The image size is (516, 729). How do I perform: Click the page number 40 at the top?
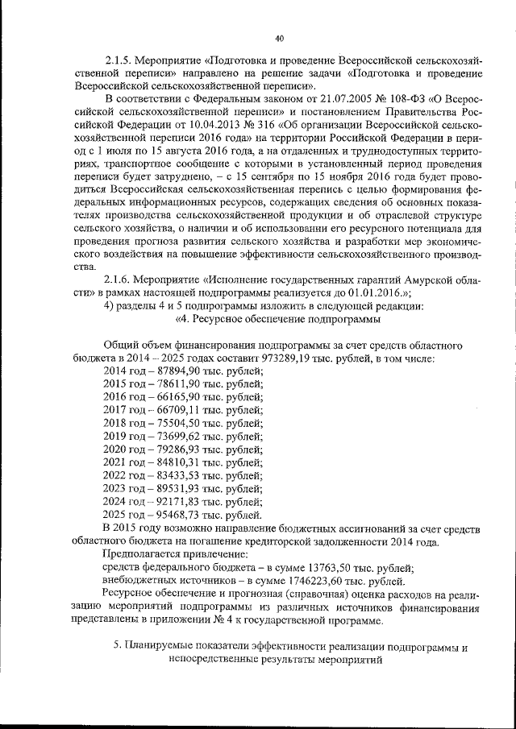pyautogui.click(x=279, y=38)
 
